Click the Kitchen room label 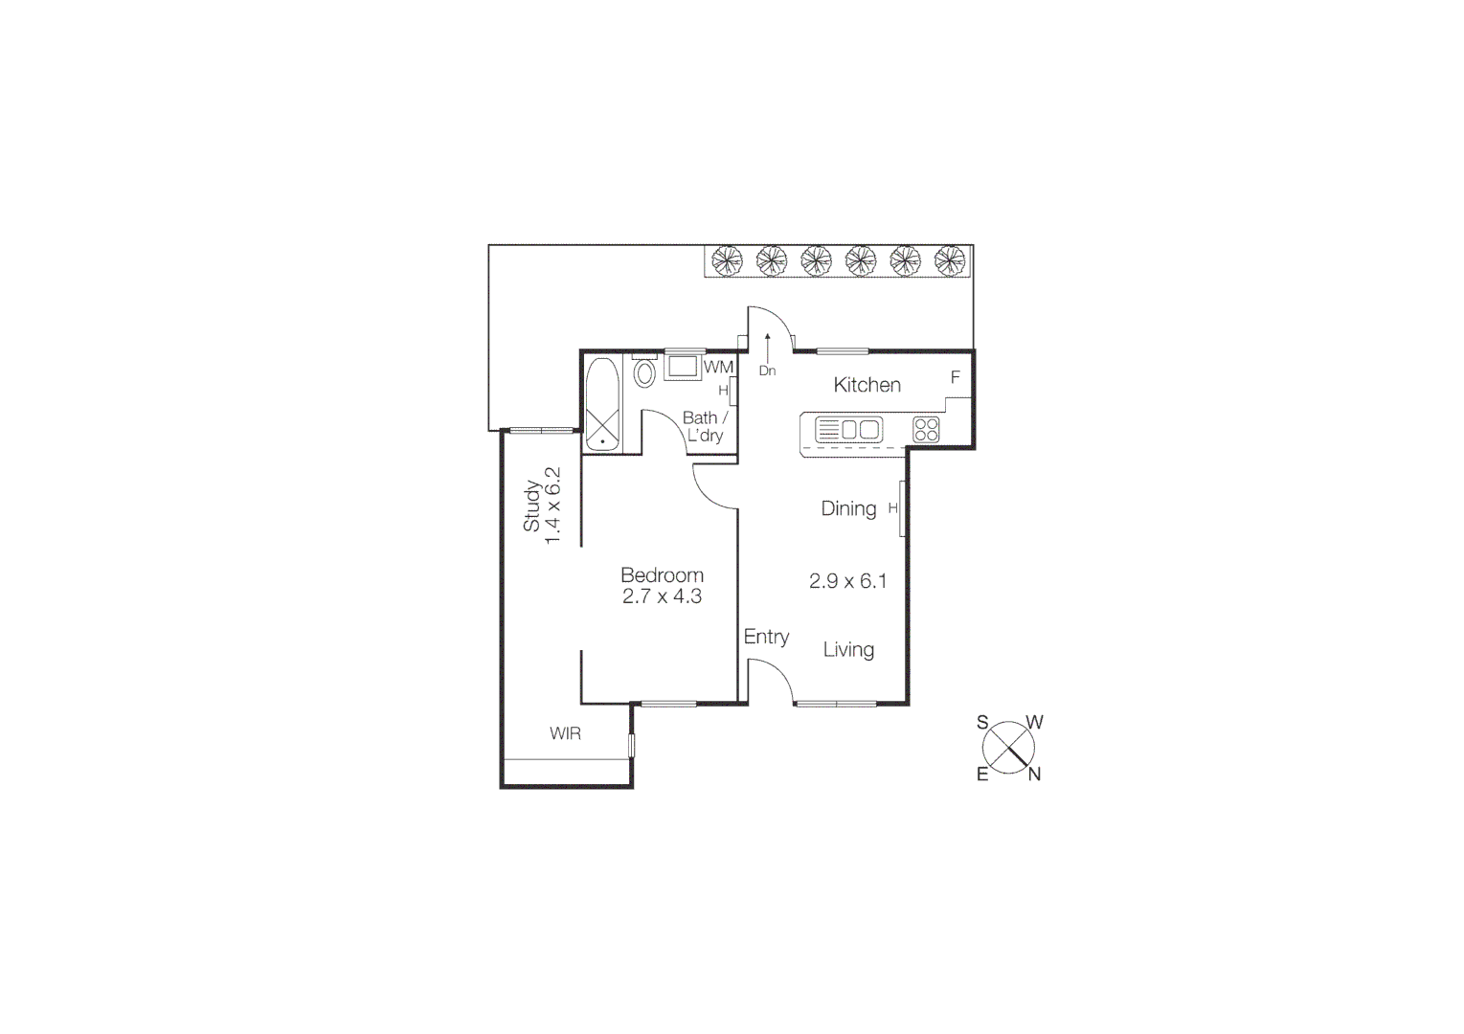[867, 385]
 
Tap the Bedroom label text [662, 575]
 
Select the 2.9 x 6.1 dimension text [847, 581]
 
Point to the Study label [531, 506]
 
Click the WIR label [565, 733]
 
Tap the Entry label [766, 637]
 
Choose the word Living [848, 650]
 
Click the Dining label [848, 508]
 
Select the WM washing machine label [718, 368]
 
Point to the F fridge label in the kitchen [955, 377]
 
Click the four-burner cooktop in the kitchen [926, 429]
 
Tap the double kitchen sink [860, 430]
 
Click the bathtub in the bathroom [602, 404]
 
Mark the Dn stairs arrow [767, 354]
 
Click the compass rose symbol [1008, 748]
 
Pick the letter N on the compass [1034, 775]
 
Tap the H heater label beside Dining [892, 508]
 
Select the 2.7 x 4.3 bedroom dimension [662, 596]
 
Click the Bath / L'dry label [705, 427]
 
